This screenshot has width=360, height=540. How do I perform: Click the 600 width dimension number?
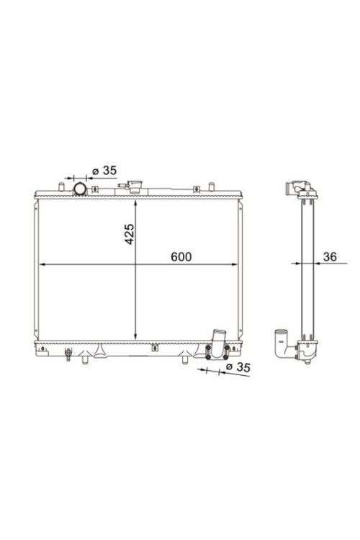(x=181, y=256)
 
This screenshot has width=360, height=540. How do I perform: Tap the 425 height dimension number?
(x=130, y=234)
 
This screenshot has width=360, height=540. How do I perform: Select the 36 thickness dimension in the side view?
(x=330, y=256)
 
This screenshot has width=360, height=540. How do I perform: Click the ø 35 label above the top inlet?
(x=104, y=171)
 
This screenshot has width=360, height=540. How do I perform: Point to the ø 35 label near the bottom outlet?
(x=238, y=367)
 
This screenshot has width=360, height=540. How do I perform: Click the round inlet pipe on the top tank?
(x=80, y=189)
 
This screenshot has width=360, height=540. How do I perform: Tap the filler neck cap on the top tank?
(x=134, y=186)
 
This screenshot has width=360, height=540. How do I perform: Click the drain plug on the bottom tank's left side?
(x=68, y=354)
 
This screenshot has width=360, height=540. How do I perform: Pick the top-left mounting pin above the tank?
(x=61, y=186)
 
